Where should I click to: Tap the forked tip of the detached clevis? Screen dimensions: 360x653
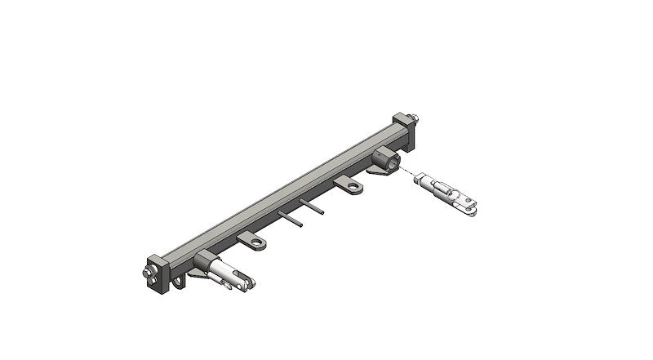click(x=471, y=211)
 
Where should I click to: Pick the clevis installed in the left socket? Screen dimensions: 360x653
click(x=229, y=273)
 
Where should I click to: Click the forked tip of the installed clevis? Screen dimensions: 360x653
click(x=250, y=284)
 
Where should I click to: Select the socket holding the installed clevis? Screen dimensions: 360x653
click(x=204, y=263)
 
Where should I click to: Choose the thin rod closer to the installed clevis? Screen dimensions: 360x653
click(x=291, y=220)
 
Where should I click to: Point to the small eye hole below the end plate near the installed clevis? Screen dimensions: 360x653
click(x=172, y=287)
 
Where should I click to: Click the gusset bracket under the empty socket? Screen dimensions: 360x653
click(x=377, y=172)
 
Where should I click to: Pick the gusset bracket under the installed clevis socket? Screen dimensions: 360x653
click(x=196, y=278)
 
